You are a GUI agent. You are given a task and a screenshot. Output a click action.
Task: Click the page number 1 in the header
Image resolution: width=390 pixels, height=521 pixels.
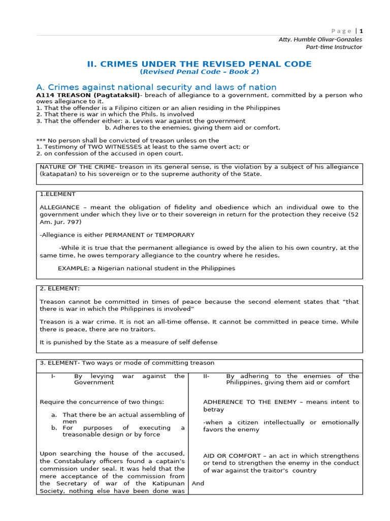pos(361,31)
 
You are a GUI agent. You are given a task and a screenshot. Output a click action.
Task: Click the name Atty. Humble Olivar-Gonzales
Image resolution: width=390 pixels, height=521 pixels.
pos(320,39)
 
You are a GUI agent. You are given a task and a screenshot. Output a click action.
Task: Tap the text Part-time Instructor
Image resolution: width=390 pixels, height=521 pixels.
pos(334,47)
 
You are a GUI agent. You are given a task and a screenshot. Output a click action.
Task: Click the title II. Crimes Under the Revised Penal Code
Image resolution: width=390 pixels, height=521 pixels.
pos(199,64)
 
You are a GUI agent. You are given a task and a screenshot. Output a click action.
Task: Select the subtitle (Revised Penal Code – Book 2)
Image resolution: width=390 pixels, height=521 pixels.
pos(199,72)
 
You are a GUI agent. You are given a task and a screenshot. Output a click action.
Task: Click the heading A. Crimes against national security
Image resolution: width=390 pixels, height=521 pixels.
pos(156,87)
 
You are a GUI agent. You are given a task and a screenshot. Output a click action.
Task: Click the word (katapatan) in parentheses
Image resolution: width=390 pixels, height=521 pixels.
pos(58,174)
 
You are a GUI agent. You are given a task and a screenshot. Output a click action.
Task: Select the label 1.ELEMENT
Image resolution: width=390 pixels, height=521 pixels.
pos(57,194)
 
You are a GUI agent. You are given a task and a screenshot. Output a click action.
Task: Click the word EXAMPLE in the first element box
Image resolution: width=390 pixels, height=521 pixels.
pos(73,268)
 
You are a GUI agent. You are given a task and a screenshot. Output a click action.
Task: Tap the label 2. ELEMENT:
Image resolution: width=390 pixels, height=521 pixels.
pos(59,288)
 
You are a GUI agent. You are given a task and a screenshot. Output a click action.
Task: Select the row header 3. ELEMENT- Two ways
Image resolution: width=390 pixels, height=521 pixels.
pos(127,363)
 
